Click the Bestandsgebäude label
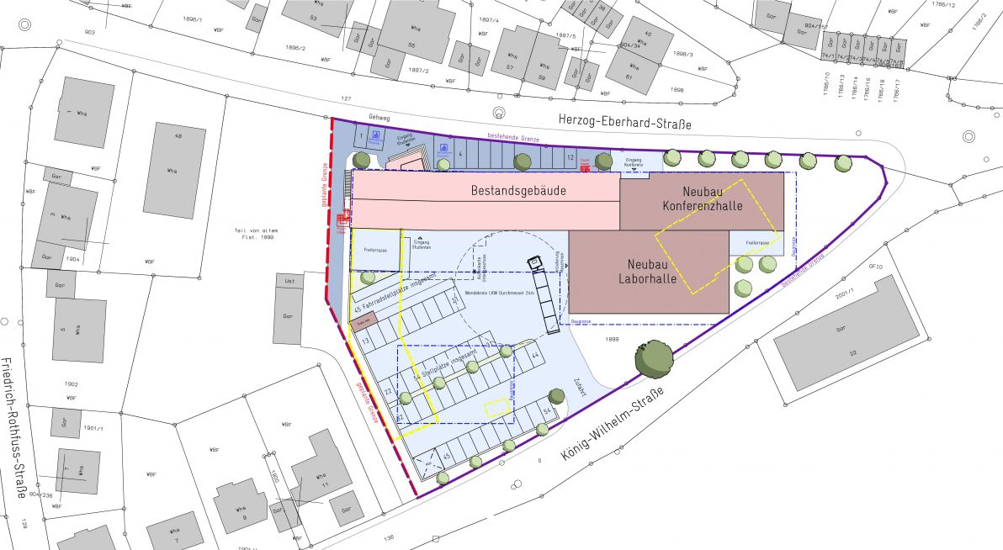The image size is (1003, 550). (x=518, y=191)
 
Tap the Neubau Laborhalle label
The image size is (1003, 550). (x=648, y=272)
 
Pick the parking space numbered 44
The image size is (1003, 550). (x=535, y=355)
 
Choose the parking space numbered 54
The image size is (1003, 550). (x=547, y=411)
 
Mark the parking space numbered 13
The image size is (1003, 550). (x=366, y=341)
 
